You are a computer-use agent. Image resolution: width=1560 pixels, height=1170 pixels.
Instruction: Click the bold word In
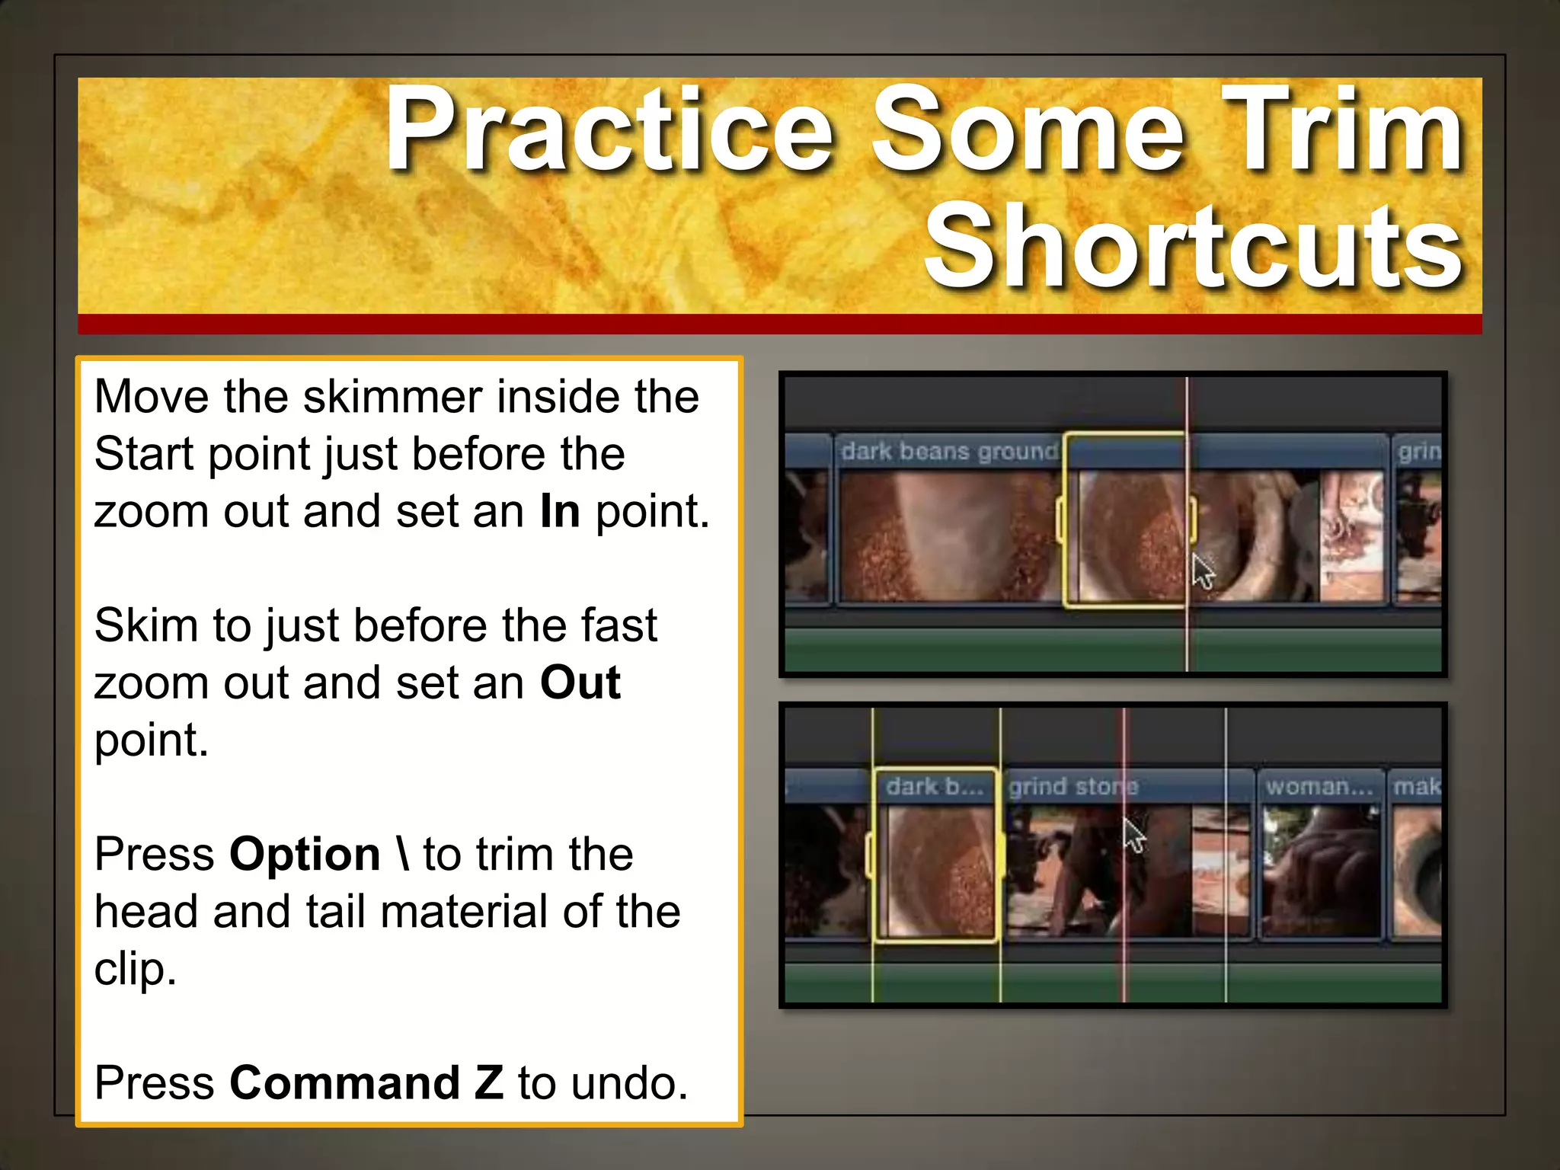(x=560, y=511)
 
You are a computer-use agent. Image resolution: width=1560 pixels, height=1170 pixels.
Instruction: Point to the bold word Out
(x=580, y=682)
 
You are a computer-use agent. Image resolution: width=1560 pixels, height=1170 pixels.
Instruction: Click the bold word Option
(x=305, y=855)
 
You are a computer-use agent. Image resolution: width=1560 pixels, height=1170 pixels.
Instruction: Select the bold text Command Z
(x=366, y=1082)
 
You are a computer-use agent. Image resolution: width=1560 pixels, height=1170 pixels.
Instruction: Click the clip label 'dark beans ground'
(x=949, y=452)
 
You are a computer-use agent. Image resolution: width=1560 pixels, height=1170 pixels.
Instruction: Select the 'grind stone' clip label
(x=1072, y=787)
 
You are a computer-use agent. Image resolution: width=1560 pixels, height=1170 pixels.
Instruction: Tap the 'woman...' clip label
(x=1319, y=787)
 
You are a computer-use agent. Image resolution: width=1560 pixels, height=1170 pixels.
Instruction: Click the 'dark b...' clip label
(x=935, y=787)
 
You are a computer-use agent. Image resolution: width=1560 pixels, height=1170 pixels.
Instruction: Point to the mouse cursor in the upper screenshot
(x=1202, y=571)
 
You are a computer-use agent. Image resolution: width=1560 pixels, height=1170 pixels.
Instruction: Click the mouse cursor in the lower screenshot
(x=1133, y=835)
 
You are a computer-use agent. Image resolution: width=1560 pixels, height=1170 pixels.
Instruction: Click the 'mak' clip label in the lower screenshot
(x=1417, y=787)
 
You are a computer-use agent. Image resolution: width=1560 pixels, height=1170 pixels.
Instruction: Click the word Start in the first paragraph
(x=144, y=454)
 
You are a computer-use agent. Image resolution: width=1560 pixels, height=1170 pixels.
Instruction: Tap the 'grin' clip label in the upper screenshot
(x=1419, y=452)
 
